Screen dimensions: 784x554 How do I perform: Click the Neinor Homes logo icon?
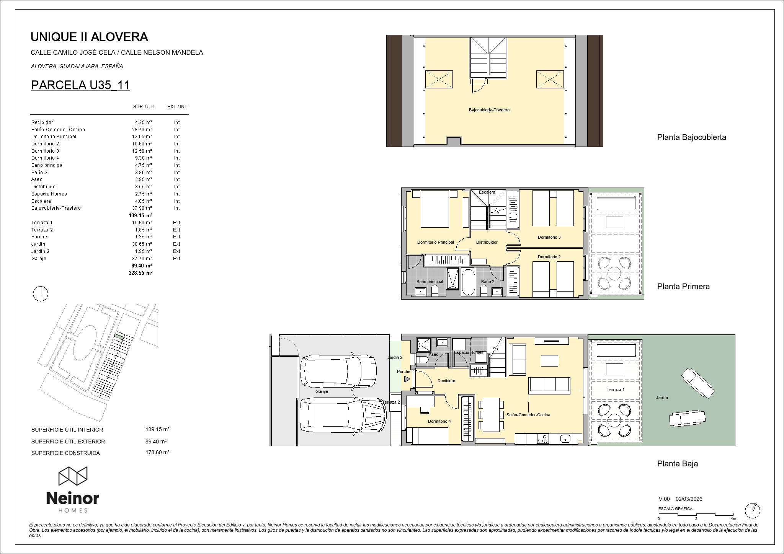(x=73, y=476)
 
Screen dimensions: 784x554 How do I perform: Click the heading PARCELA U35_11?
(x=80, y=85)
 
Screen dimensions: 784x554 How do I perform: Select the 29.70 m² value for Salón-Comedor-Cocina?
(x=142, y=130)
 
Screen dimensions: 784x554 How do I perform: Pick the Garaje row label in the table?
(x=39, y=259)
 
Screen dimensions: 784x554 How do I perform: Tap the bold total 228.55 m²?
(x=140, y=273)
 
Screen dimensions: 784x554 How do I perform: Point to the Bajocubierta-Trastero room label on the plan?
(x=489, y=110)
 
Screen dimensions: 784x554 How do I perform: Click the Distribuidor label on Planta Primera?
(x=487, y=242)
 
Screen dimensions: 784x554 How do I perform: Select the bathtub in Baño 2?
(x=468, y=282)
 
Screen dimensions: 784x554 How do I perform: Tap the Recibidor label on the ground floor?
(x=446, y=381)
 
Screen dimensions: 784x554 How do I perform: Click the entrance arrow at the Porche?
(x=407, y=379)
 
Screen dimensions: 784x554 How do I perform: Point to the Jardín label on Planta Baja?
(x=662, y=398)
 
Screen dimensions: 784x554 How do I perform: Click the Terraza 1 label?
(x=616, y=389)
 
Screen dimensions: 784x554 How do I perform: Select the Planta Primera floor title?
(x=683, y=286)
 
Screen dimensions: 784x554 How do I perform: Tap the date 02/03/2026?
(x=689, y=499)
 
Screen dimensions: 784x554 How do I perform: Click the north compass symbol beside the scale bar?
(x=753, y=510)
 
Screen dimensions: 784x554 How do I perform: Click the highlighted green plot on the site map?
(x=120, y=337)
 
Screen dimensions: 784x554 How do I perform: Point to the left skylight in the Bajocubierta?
(x=439, y=80)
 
